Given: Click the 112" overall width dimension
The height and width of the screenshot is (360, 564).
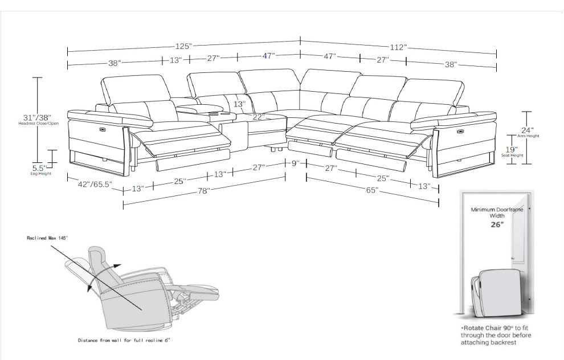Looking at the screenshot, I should (398, 47).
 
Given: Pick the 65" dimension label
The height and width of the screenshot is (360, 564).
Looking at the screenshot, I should (373, 190).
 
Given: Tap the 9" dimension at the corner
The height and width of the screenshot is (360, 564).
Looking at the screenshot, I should (296, 163).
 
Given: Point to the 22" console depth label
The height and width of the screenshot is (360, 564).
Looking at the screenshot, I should (259, 117).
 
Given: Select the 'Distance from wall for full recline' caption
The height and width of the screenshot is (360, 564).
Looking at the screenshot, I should (124, 339).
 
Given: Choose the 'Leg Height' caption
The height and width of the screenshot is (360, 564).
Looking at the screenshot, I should (41, 174).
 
